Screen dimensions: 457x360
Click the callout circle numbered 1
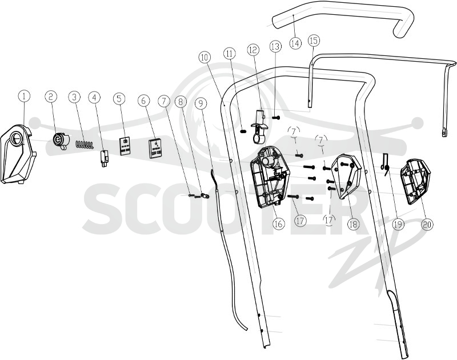click(24, 96)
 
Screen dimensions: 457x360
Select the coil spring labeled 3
click(85, 145)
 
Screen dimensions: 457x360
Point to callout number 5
click(119, 98)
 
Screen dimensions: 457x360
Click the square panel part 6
click(155, 149)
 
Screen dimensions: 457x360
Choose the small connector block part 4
click(104, 158)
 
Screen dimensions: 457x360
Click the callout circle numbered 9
click(201, 103)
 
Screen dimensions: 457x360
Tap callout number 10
click(205, 58)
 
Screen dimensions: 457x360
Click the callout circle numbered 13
click(275, 47)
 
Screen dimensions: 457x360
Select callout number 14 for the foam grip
click(295, 43)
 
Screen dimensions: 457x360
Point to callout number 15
click(314, 41)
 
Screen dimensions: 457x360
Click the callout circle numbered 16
click(278, 223)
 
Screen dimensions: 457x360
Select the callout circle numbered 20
click(427, 224)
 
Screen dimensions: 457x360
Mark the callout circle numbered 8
click(181, 102)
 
